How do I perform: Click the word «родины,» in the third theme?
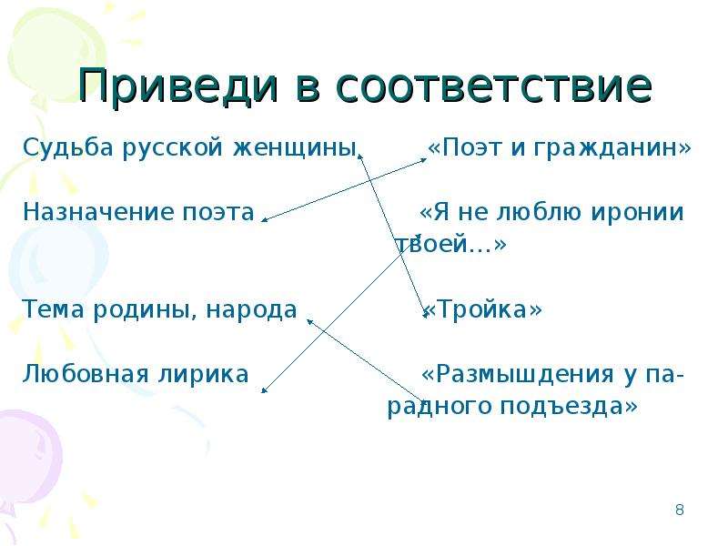(x=146, y=309)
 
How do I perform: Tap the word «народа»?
(x=251, y=309)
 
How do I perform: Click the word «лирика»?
(x=203, y=374)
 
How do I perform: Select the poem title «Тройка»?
(x=483, y=309)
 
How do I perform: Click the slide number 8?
(x=679, y=510)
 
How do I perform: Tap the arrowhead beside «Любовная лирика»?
(x=264, y=391)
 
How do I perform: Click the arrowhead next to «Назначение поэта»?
(x=264, y=219)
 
